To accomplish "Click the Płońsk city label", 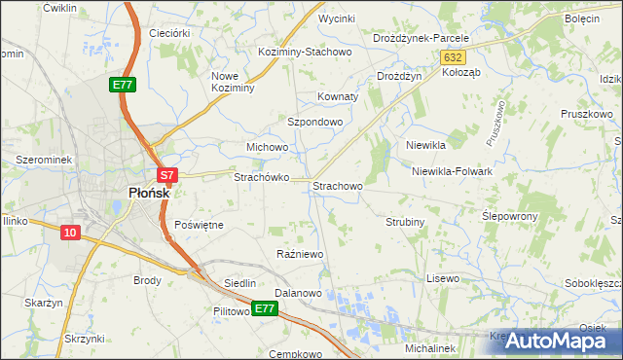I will [150, 193].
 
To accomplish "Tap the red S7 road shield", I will [167, 176].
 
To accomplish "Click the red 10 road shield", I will [70, 233].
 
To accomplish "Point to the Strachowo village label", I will [338, 185].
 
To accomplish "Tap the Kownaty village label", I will [339, 97].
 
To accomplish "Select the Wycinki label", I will [336, 18].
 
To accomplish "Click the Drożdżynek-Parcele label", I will [421, 38].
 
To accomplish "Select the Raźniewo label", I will [300, 254].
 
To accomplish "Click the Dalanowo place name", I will [298, 292].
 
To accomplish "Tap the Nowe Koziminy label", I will [233, 82].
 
